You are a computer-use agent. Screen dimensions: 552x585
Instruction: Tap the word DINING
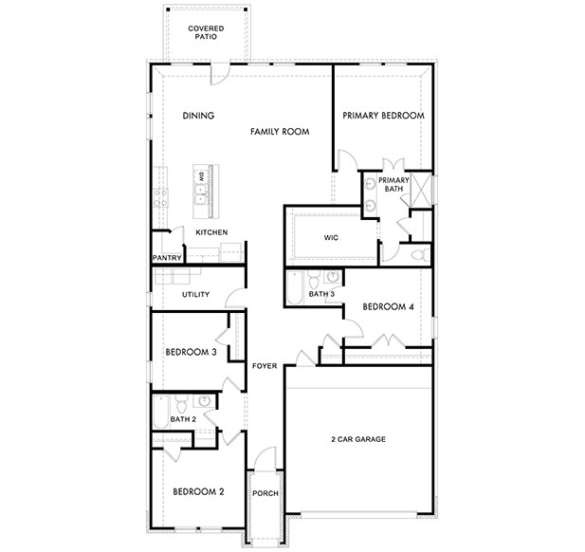click(x=198, y=116)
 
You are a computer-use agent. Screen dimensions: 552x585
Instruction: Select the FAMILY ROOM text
click(x=281, y=132)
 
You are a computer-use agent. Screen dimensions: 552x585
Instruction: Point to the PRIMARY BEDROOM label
click(x=383, y=116)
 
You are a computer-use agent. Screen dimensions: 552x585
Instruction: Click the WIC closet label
click(x=331, y=238)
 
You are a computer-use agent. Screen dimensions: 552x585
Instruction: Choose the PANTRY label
click(x=167, y=257)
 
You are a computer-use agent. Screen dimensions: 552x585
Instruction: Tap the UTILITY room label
click(x=195, y=294)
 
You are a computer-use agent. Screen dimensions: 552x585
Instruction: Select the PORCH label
click(x=264, y=493)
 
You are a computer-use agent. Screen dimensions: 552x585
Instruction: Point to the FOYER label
click(x=263, y=365)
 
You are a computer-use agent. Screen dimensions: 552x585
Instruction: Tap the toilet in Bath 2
click(x=181, y=400)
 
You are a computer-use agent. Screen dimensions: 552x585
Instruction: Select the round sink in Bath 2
click(x=203, y=400)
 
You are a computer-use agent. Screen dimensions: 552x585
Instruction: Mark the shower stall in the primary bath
click(x=421, y=185)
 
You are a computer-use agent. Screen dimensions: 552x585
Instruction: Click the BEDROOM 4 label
click(x=389, y=306)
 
